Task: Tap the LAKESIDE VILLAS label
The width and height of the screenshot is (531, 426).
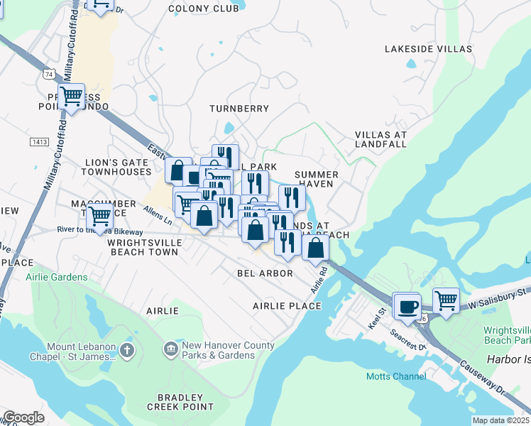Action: point(428,49)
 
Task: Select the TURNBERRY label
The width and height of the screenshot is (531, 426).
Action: point(239,109)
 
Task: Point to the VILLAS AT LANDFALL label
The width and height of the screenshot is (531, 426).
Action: point(381,139)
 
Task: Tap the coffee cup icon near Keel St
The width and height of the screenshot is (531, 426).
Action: point(407,306)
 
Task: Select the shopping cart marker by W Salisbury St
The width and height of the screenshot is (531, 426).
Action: point(446,300)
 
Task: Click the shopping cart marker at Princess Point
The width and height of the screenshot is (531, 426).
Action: point(71,96)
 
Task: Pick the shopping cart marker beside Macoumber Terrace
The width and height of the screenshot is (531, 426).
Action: point(99,212)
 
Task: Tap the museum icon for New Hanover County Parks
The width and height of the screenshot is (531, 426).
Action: point(170,349)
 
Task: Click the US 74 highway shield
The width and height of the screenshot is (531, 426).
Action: point(48,73)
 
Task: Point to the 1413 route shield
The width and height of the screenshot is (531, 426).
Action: point(39,142)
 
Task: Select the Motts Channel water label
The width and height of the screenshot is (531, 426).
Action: point(391,376)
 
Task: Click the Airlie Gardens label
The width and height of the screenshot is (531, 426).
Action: point(57,277)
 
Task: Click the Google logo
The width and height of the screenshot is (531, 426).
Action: point(23,417)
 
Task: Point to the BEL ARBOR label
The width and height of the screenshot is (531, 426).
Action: point(265,273)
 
